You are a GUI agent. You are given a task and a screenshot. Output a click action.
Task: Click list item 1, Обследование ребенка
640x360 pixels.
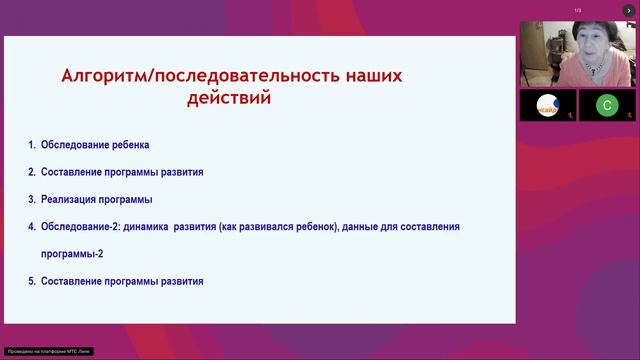95,145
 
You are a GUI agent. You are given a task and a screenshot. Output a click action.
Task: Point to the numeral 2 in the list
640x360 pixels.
32,172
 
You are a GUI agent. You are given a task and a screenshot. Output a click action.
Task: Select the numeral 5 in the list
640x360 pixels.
32,281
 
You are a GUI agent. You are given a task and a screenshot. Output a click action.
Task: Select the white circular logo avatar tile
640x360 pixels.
547,104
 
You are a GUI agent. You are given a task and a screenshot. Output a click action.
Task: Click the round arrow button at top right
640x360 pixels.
628,10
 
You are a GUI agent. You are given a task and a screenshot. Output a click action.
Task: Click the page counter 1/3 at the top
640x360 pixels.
577,11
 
